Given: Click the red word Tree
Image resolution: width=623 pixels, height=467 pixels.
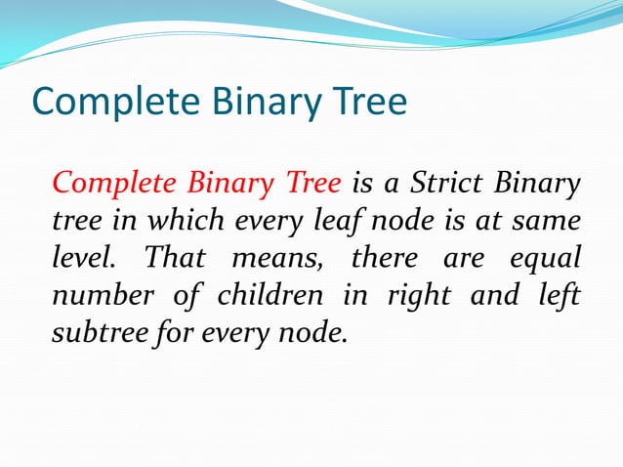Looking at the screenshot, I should tap(314, 183).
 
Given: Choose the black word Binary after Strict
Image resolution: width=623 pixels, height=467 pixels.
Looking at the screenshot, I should tap(538, 184).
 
